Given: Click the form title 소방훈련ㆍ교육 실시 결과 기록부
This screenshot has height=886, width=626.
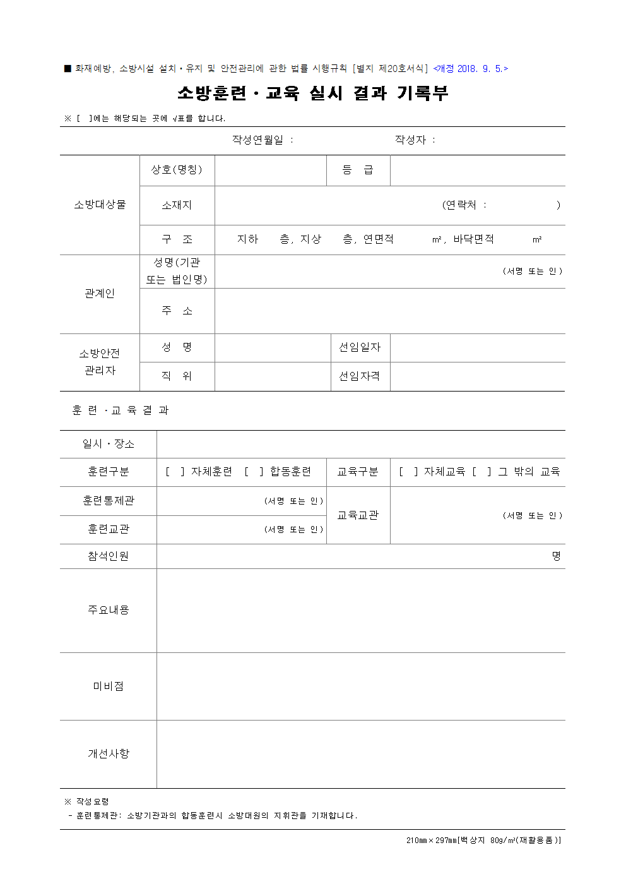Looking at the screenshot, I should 312,93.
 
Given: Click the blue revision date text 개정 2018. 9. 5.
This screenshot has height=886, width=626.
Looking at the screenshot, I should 470,69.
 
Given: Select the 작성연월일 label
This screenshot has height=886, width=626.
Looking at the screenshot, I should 258,140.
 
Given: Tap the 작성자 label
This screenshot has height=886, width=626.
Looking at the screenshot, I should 411,140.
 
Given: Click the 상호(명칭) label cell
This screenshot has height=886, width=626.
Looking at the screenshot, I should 177,170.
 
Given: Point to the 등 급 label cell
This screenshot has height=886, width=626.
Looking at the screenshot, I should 358,170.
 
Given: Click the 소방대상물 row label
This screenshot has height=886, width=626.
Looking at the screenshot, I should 100,205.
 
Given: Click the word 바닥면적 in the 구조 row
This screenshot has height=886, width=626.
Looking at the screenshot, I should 473,239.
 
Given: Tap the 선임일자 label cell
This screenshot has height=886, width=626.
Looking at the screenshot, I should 360,347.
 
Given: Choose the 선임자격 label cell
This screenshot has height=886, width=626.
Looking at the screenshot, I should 360,376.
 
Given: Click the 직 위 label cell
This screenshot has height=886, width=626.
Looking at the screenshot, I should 177,376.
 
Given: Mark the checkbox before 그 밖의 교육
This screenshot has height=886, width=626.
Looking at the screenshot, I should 481,472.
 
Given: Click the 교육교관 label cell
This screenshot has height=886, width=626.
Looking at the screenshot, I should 358,515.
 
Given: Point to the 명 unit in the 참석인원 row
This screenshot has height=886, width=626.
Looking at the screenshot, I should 556,556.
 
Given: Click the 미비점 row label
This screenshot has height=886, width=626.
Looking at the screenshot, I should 108,686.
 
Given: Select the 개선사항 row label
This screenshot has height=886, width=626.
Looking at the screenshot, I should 108,754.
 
